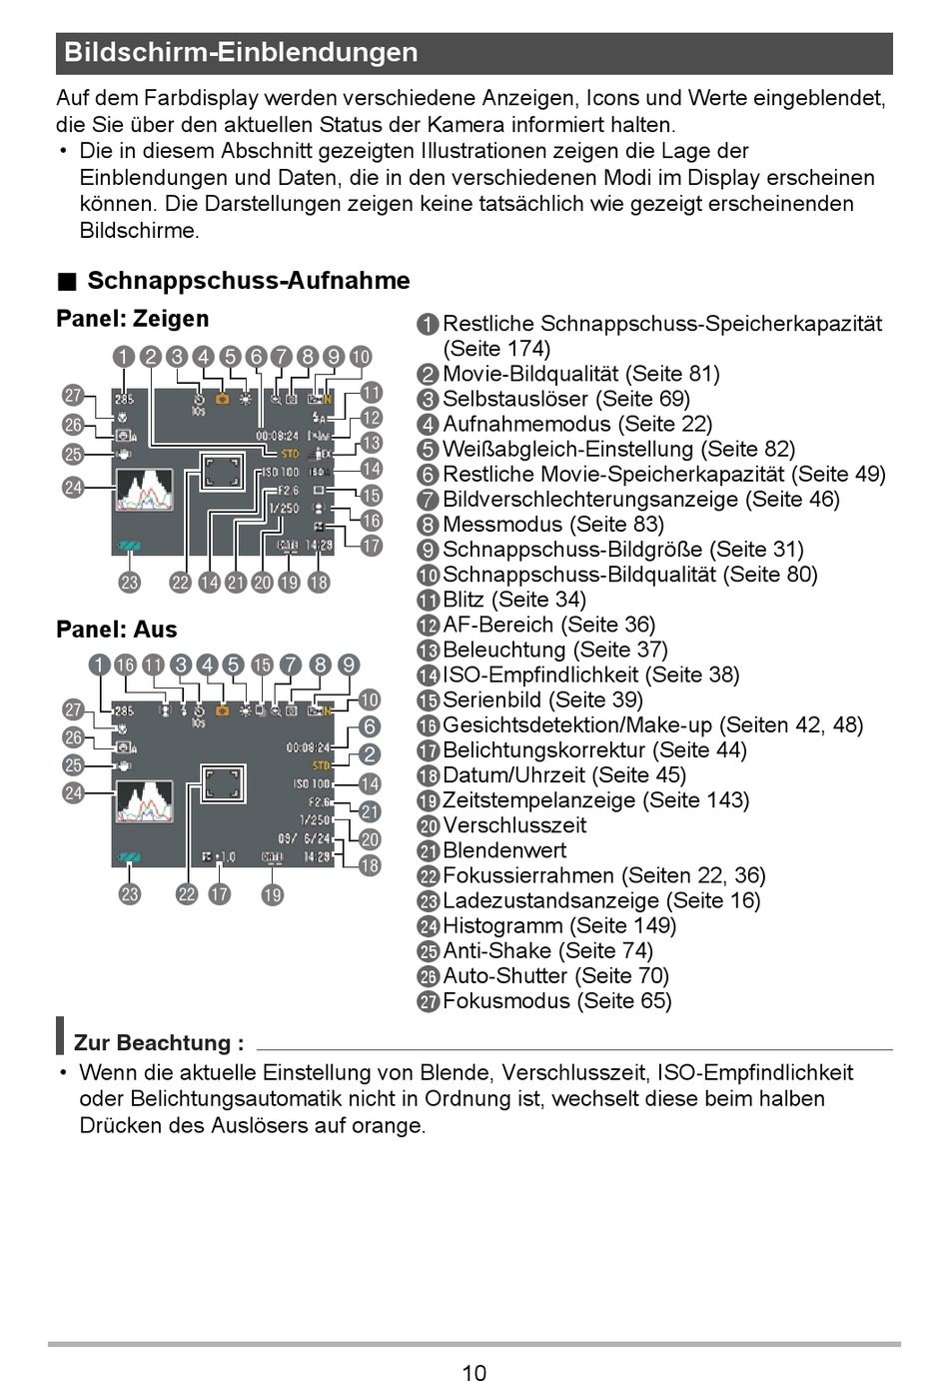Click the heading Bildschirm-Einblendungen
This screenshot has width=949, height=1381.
tap(241, 53)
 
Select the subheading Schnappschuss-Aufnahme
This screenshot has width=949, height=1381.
tap(248, 281)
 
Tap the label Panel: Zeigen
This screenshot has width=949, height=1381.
tap(133, 319)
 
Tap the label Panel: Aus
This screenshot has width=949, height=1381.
tap(117, 630)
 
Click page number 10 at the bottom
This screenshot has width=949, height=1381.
tap(474, 1372)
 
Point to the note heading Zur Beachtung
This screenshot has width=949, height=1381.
tap(158, 1043)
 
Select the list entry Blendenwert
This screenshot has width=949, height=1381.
tap(503, 850)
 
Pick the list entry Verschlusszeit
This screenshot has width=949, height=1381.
tap(513, 825)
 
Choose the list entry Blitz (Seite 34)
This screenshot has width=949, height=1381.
tap(513, 600)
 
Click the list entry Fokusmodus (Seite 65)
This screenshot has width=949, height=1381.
tap(556, 1001)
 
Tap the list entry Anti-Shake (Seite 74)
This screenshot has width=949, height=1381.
tap(547, 951)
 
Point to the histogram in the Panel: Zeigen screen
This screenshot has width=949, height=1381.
tap(145, 491)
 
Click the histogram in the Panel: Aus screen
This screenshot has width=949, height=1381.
tap(145, 801)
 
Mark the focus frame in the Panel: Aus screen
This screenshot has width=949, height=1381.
tap(223, 784)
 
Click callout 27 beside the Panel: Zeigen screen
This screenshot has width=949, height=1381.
tap(73, 396)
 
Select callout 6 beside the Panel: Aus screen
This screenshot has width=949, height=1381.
tap(370, 727)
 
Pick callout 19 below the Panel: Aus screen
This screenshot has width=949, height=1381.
tap(273, 894)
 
